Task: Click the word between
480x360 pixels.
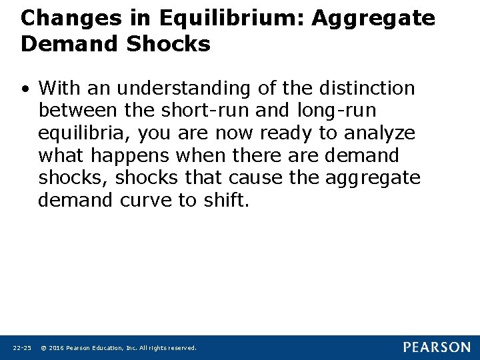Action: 75,111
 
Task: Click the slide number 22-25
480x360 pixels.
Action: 22,348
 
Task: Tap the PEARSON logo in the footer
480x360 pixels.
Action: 437,347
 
